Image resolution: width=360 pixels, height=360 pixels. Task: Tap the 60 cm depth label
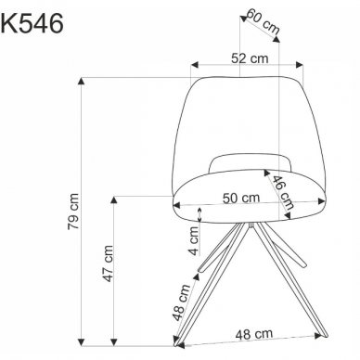coord(263,23)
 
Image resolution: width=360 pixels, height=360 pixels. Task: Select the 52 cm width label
coord(244,58)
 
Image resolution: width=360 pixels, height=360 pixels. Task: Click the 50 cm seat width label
coord(241,198)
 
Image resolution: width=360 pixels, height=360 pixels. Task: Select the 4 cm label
coord(194,249)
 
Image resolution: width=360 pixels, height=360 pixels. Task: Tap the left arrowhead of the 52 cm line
coord(193,66)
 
